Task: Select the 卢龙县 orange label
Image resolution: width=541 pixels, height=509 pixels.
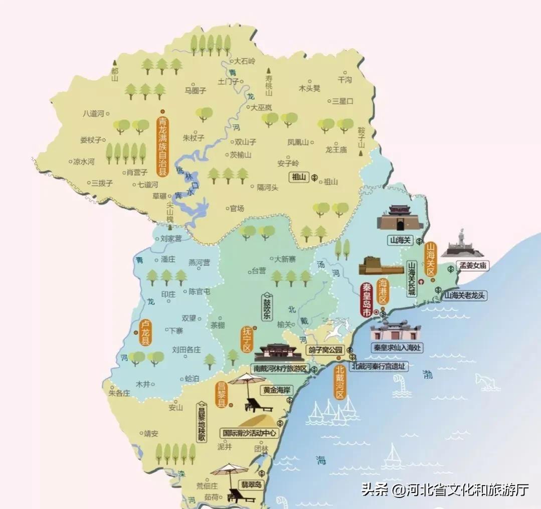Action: [145, 333]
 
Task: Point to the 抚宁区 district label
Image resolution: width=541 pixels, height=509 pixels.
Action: [247, 340]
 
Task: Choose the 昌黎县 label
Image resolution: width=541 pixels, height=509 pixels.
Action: [221, 394]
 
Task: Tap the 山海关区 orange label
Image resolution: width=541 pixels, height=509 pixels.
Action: [431, 259]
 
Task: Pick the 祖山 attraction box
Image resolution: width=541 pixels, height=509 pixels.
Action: [300, 177]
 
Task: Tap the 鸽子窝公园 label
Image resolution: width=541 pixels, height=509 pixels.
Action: [325, 350]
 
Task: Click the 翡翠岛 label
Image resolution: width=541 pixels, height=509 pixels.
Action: [251, 485]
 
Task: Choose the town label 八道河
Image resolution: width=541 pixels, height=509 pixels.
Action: [93, 114]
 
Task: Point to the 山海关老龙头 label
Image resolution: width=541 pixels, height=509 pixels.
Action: [465, 295]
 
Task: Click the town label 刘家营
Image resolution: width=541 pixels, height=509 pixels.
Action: [171, 239]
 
